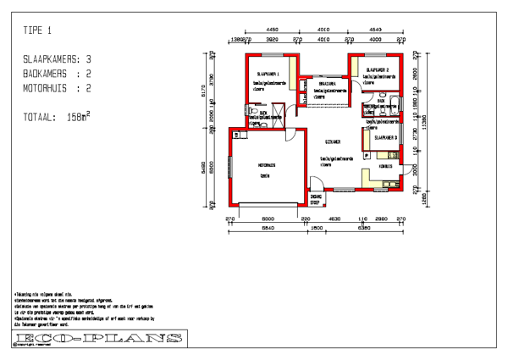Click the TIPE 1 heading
tap(37, 31)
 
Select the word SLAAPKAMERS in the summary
tap(51, 59)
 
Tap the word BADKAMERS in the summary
tap(46, 73)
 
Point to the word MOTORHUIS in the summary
tap(46, 86)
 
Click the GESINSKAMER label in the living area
tap(332, 141)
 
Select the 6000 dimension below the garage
tap(267, 219)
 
